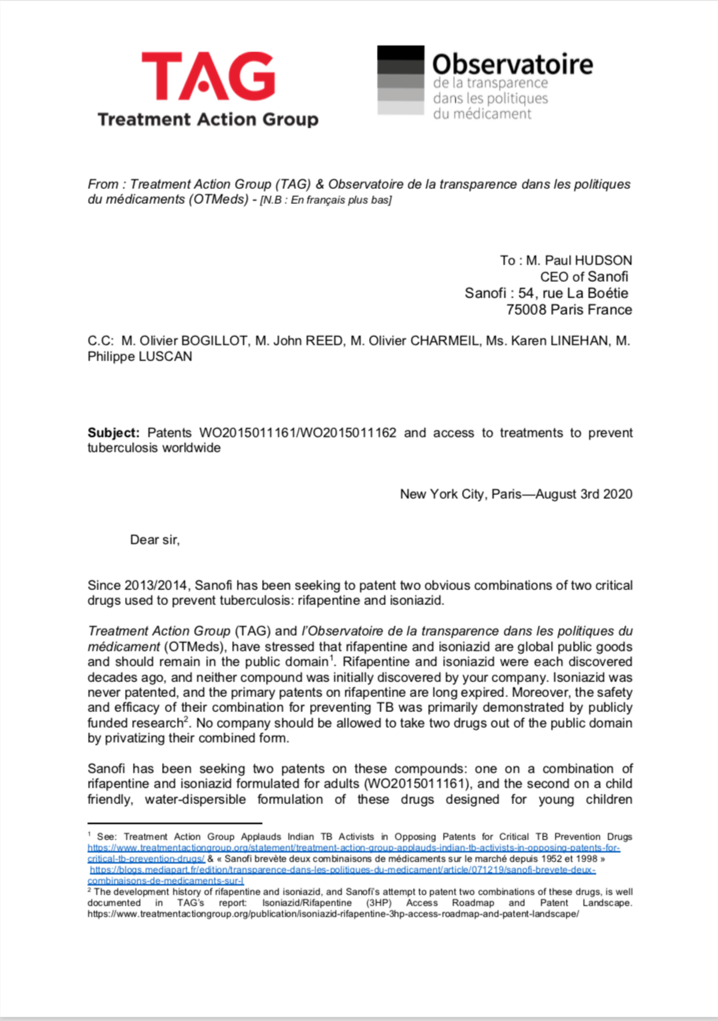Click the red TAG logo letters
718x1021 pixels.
208,76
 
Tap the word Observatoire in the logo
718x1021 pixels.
513,64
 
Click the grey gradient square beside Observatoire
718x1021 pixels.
400,80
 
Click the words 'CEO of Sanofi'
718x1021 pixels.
584,277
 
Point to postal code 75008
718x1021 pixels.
526,310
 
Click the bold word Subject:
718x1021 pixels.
113,433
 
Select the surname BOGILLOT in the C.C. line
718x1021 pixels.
214,341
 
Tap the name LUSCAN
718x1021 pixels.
165,357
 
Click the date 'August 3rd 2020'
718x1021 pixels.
584,494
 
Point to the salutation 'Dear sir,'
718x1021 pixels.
155,540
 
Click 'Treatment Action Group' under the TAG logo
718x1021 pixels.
208,120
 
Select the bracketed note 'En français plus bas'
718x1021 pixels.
340,200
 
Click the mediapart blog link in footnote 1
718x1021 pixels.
342,870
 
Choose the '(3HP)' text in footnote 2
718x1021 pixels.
379,903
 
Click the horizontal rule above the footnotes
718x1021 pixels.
175,823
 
